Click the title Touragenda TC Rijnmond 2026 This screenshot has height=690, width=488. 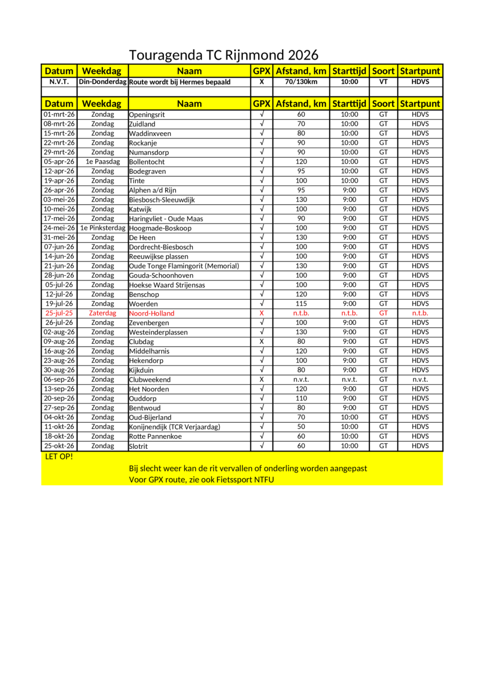(224, 55)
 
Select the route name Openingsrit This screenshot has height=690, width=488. (147, 115)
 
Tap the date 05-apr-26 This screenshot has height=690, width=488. (59, 162)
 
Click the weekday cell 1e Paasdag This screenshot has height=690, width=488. (103, 162)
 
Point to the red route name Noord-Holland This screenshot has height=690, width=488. (152, 313)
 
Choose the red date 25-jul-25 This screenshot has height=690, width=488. (59, 313)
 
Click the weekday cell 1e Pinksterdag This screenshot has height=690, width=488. (103, 228)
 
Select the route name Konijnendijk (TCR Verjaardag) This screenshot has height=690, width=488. (174, 427)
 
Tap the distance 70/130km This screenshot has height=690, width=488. (301, 82)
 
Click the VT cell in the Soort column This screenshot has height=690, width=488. (384, 82)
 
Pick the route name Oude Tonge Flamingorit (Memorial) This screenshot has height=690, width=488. (184, 266)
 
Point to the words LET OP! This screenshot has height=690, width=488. (58, 456)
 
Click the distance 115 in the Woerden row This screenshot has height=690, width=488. (301, 304)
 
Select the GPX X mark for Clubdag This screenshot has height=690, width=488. (262, 342)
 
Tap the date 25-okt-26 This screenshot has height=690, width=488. (59, 446)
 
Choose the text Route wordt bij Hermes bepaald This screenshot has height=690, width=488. (180, 82)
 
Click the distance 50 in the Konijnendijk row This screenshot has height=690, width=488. (301, 427)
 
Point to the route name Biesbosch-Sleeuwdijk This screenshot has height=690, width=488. (162, 200)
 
